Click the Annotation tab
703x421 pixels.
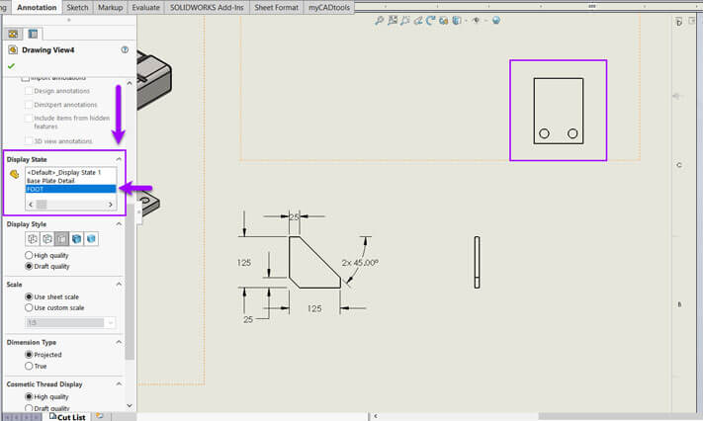click(x=37, y=7)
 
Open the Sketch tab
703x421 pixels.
click(x=78, y=7)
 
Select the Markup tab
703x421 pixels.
click(x=110, y=7)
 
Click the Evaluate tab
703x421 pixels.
click(x=145, y=7)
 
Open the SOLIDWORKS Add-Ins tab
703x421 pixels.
click(x=207, y=7)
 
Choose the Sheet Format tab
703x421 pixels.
click(x=277, y=7)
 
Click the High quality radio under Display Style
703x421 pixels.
click(x=29, y=255)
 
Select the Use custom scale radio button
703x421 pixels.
click(x=29, y=307)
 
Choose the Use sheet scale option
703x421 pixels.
click(x=29, y=296)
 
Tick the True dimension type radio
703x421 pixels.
click(x=29, y=366)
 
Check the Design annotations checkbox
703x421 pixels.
click(x=29, y=91)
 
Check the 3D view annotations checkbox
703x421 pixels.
click(x=29, y=141)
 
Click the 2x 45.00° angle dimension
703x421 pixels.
click(x=358, y=264)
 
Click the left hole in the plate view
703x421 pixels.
click(x=544, y=133)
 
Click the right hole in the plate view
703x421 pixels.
click(x=572, y=133)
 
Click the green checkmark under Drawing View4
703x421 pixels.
click(x=11, y=66)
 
